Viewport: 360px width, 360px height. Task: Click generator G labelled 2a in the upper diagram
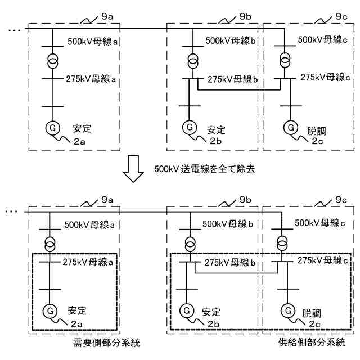point(51,128)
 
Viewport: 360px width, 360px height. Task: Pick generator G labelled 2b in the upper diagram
point(188,128)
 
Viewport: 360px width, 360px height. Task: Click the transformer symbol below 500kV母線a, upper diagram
point(51,60)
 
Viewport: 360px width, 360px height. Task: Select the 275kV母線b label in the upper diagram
point(232,79)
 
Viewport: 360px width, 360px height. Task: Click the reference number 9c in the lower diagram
point(341,200)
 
